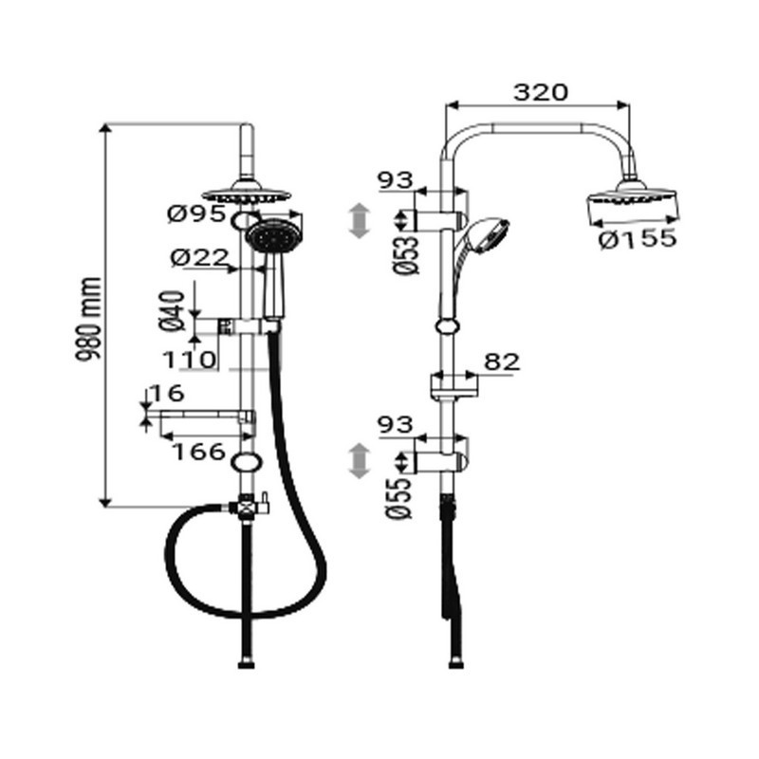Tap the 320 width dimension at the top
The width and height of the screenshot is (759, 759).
pos(540,92)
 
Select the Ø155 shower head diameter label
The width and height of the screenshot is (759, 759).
pos(639,239)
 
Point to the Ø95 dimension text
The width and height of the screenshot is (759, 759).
pos(195,215)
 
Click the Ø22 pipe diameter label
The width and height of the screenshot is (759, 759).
pos(198,257)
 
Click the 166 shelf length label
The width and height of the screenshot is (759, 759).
pos(198,452)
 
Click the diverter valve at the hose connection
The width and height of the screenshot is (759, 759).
pos(250,506)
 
